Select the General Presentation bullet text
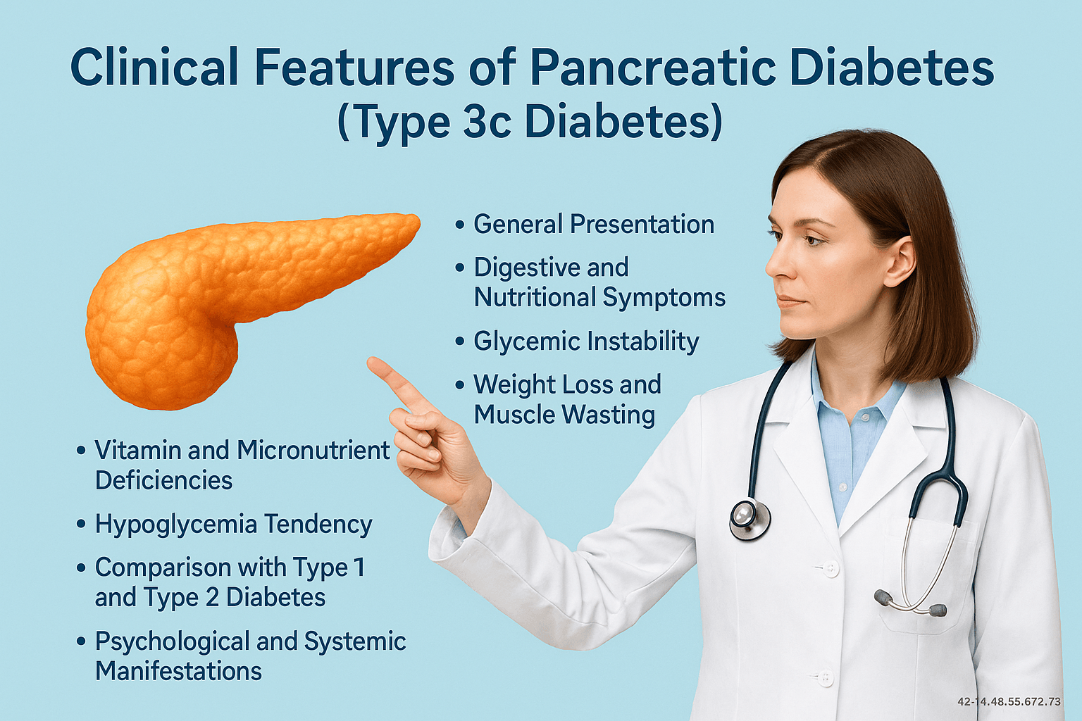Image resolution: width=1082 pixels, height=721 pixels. coord(594,224)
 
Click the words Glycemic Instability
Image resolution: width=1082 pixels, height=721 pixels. coord(586,342)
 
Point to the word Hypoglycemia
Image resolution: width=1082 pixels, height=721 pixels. coord(176,525)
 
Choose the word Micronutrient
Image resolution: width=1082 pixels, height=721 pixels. coord(313,450)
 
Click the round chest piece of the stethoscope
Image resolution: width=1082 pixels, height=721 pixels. coord(750,520)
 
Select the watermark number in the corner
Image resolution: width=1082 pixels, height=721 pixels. coord(1009,702)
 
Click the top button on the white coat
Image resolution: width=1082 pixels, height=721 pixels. coord(829,568)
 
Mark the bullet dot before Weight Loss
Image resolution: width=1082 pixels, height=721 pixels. coord(460,385)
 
